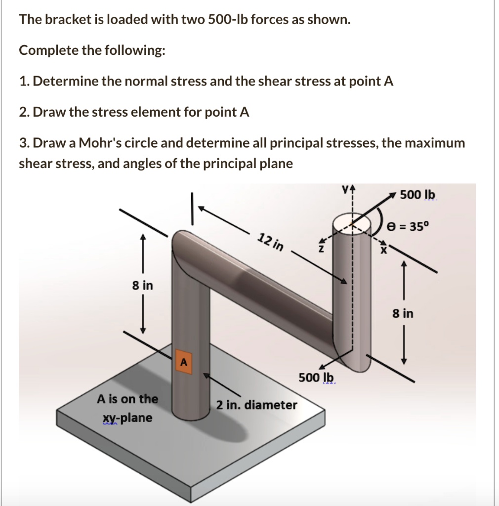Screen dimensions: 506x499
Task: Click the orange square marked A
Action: pyautogui.click(x=183, y=362)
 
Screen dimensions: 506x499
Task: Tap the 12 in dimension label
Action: pyautogui.click(x=271, y=243)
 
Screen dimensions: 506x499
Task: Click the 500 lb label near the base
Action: pyautogui.click(x=316, y=378)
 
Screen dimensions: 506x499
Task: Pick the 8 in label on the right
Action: pyautogui.click(x=403, y=313)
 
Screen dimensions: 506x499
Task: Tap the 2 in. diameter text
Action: pyautogui.click(x=256, y=405)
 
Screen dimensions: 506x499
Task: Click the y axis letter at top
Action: pyautogui.click(x=349, y=188)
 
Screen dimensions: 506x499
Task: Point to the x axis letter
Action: pyautogui.click(x=382, y=250)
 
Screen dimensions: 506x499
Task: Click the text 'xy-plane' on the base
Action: pyautogui.click(x=127, y=418)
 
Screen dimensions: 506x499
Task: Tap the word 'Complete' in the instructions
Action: pyautogui.click(x=42, y=50)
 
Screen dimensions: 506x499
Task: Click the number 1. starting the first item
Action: pyautogui.click(x=24, y=82)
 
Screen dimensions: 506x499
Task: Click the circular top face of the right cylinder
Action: pyautogui.click(x=351, y=225)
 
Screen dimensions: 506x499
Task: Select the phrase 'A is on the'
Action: pyautogui.click(x=127, y=398)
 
